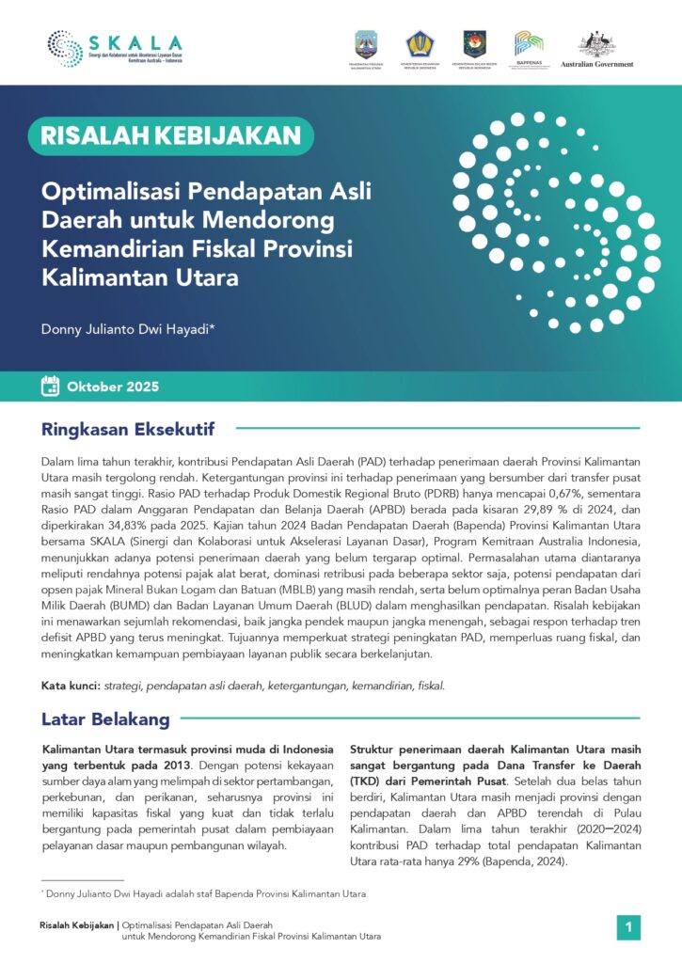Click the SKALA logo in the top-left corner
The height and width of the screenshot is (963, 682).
pos(115,49)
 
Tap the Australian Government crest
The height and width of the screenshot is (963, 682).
pos(596,44)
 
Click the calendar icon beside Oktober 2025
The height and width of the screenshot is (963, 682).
pos(51,387)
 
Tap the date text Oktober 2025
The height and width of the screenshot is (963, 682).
pos(113,387)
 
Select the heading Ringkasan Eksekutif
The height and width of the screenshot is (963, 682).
pos(128,430)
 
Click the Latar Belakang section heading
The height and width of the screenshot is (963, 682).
pos(105,719)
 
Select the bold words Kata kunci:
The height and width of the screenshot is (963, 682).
pos(71,686)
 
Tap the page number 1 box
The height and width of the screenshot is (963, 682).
pos(628,927)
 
